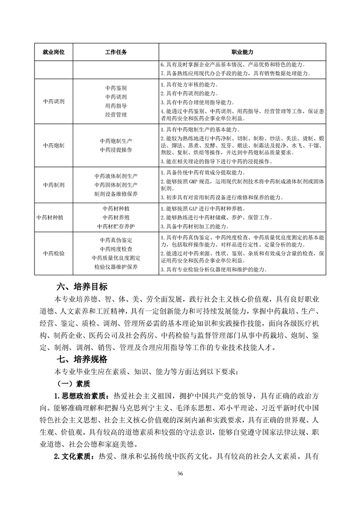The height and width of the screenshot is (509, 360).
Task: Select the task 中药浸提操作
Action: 116,150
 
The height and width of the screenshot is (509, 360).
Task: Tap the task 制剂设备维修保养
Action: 116,194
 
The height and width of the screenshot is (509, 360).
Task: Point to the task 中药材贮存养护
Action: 116,226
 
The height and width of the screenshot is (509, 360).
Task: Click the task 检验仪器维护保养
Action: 116,267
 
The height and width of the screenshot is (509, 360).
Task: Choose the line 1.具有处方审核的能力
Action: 189,85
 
